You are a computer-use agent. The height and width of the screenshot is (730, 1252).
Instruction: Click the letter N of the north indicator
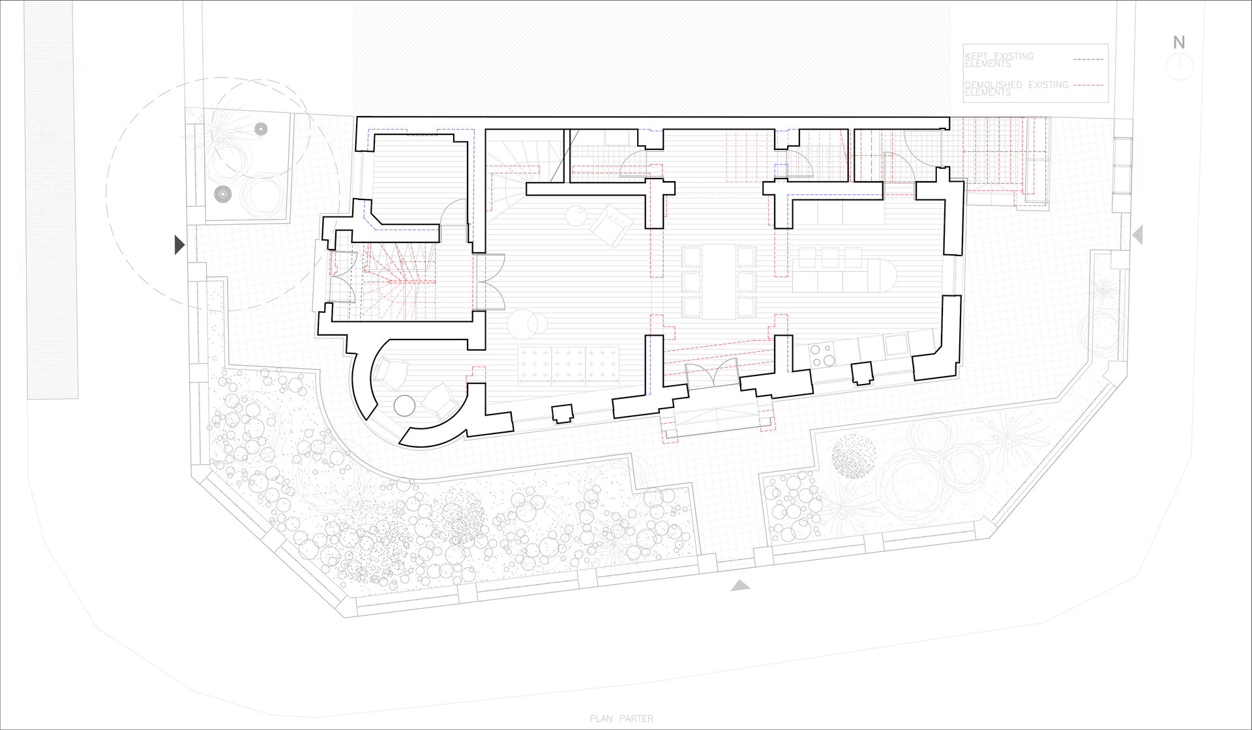1179,43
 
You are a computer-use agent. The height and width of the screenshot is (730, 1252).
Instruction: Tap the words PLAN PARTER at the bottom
621,719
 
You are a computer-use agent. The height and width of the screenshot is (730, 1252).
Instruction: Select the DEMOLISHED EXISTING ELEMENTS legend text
1016,89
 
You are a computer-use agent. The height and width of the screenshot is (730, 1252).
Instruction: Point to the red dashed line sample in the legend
1088,85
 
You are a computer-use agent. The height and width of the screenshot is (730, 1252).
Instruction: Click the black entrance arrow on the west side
180,244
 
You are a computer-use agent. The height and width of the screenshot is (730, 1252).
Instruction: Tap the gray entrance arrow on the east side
1137,235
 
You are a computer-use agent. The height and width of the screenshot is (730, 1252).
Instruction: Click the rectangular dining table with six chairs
719,282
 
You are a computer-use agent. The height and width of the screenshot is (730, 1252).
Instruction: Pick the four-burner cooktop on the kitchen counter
822,355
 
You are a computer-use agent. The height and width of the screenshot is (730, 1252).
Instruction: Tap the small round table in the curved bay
405,405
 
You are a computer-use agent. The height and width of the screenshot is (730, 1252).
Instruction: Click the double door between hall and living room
490,282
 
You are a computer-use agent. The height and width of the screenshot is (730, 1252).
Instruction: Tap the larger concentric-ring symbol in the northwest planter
223,194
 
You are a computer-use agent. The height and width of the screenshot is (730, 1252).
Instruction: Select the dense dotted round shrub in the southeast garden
854,455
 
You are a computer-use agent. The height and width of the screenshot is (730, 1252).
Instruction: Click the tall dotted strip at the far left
52,199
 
